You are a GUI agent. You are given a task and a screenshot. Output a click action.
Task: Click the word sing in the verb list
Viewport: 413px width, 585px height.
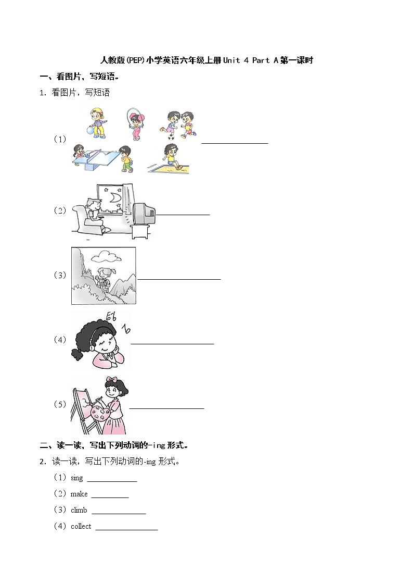pos(76,478)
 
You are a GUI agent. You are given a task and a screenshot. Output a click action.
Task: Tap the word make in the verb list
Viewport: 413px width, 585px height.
pos(79,494)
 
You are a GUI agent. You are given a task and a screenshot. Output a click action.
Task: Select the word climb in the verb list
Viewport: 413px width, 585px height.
pos(79,510)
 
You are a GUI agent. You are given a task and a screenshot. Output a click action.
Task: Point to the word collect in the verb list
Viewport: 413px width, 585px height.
pos(81,526)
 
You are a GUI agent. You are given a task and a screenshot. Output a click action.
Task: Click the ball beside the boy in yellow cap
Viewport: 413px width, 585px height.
pos(91,133)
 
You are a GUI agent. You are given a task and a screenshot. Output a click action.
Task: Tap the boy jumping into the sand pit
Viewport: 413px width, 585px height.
pos(170,155)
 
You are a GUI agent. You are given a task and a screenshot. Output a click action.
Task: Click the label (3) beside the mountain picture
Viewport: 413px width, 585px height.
pos(60,275)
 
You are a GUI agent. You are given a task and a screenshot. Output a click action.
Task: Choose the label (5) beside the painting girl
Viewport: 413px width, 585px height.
pos(60,404)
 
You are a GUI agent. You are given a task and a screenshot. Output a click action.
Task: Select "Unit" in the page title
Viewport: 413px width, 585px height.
pos(231,60)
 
